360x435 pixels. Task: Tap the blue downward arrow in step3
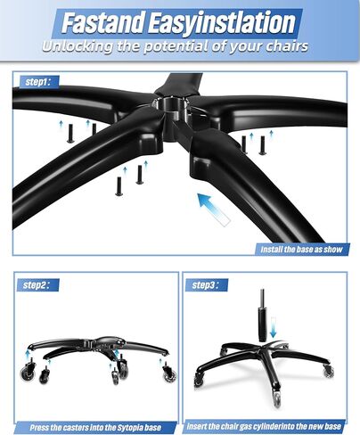click(273, 330)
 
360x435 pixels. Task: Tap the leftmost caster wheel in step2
click(30, 368)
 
